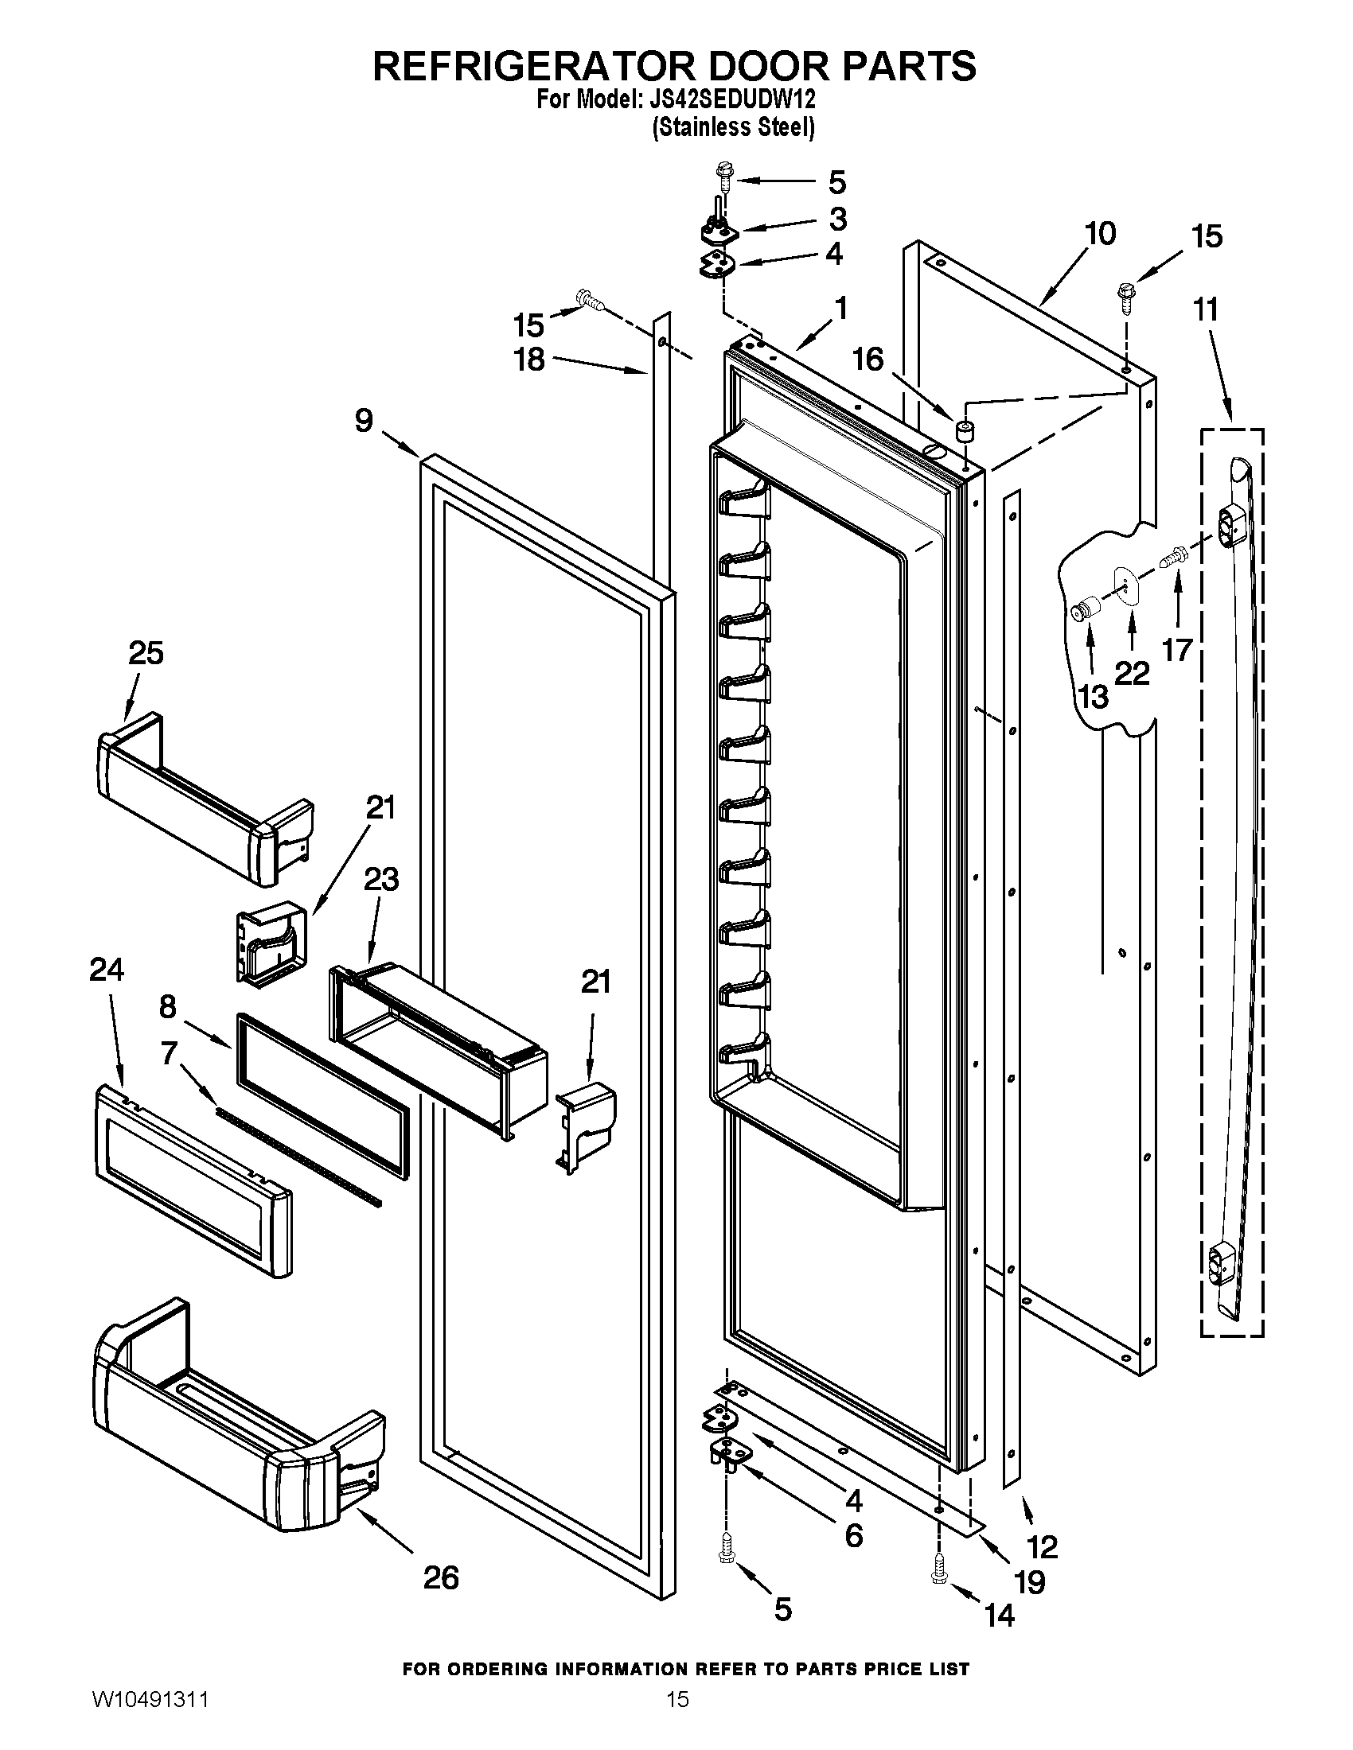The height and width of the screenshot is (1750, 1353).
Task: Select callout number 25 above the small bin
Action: tap(146, 653)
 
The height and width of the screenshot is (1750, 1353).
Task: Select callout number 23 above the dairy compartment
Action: tap(380, 881)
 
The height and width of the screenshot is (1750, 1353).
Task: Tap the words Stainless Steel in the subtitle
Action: tap(734, 127)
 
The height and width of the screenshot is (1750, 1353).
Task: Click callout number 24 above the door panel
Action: tap(107, 970)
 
